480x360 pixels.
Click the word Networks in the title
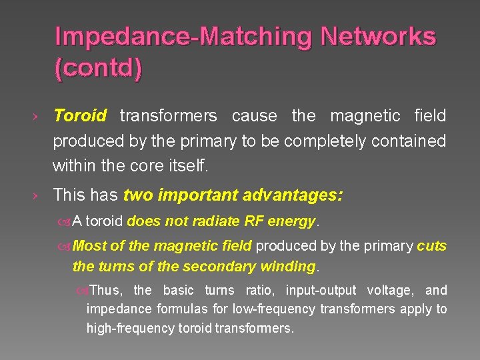[x=378, y=37]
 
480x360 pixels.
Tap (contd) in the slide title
[x=98, y=69]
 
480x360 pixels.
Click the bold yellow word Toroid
[x=80, y=116]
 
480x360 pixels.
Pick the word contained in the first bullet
[x=415, y=141]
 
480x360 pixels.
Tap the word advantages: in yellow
[x=295, y=195]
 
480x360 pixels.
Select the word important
[x=197, y=195]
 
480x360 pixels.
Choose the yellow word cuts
[x=431, y=246]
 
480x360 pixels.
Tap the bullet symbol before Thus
[x=82, y=291]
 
